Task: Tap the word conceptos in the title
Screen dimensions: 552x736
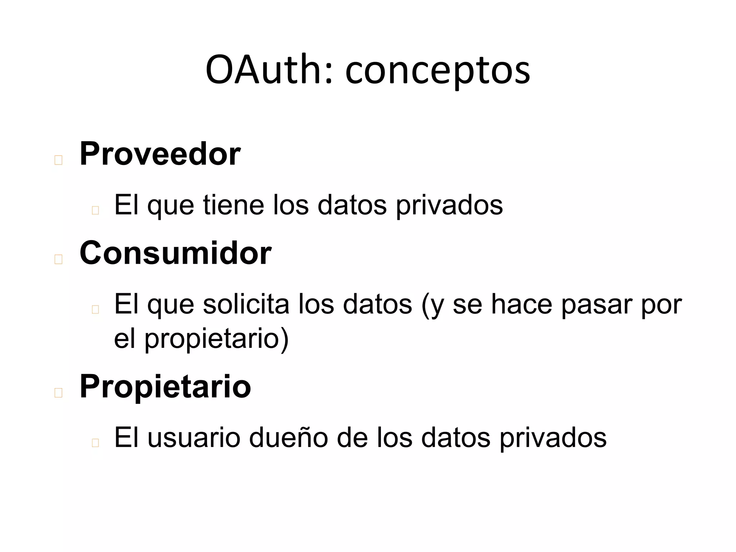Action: (x=437, y=71)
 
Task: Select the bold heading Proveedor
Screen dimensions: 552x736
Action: (x=160, y=154)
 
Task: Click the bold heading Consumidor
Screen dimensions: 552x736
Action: (x=175, y=253)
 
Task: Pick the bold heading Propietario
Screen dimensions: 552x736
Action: (x=165, y=387)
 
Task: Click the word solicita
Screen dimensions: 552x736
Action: (x=246, y=304)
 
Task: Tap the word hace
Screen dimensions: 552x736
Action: (x=521, y=304)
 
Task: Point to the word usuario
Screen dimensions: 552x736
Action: (x=194, y=438)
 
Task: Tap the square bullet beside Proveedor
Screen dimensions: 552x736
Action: (x=58, y=160)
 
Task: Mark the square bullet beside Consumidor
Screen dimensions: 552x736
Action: (x=58, y=259)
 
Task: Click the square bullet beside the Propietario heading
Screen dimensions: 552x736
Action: (x=58, y=393)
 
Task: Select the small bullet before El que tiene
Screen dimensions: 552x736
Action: (x=95, y=210)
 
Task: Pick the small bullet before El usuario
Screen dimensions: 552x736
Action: (x=95, y=443)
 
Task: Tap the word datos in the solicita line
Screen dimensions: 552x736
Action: (x=377, y=304)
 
